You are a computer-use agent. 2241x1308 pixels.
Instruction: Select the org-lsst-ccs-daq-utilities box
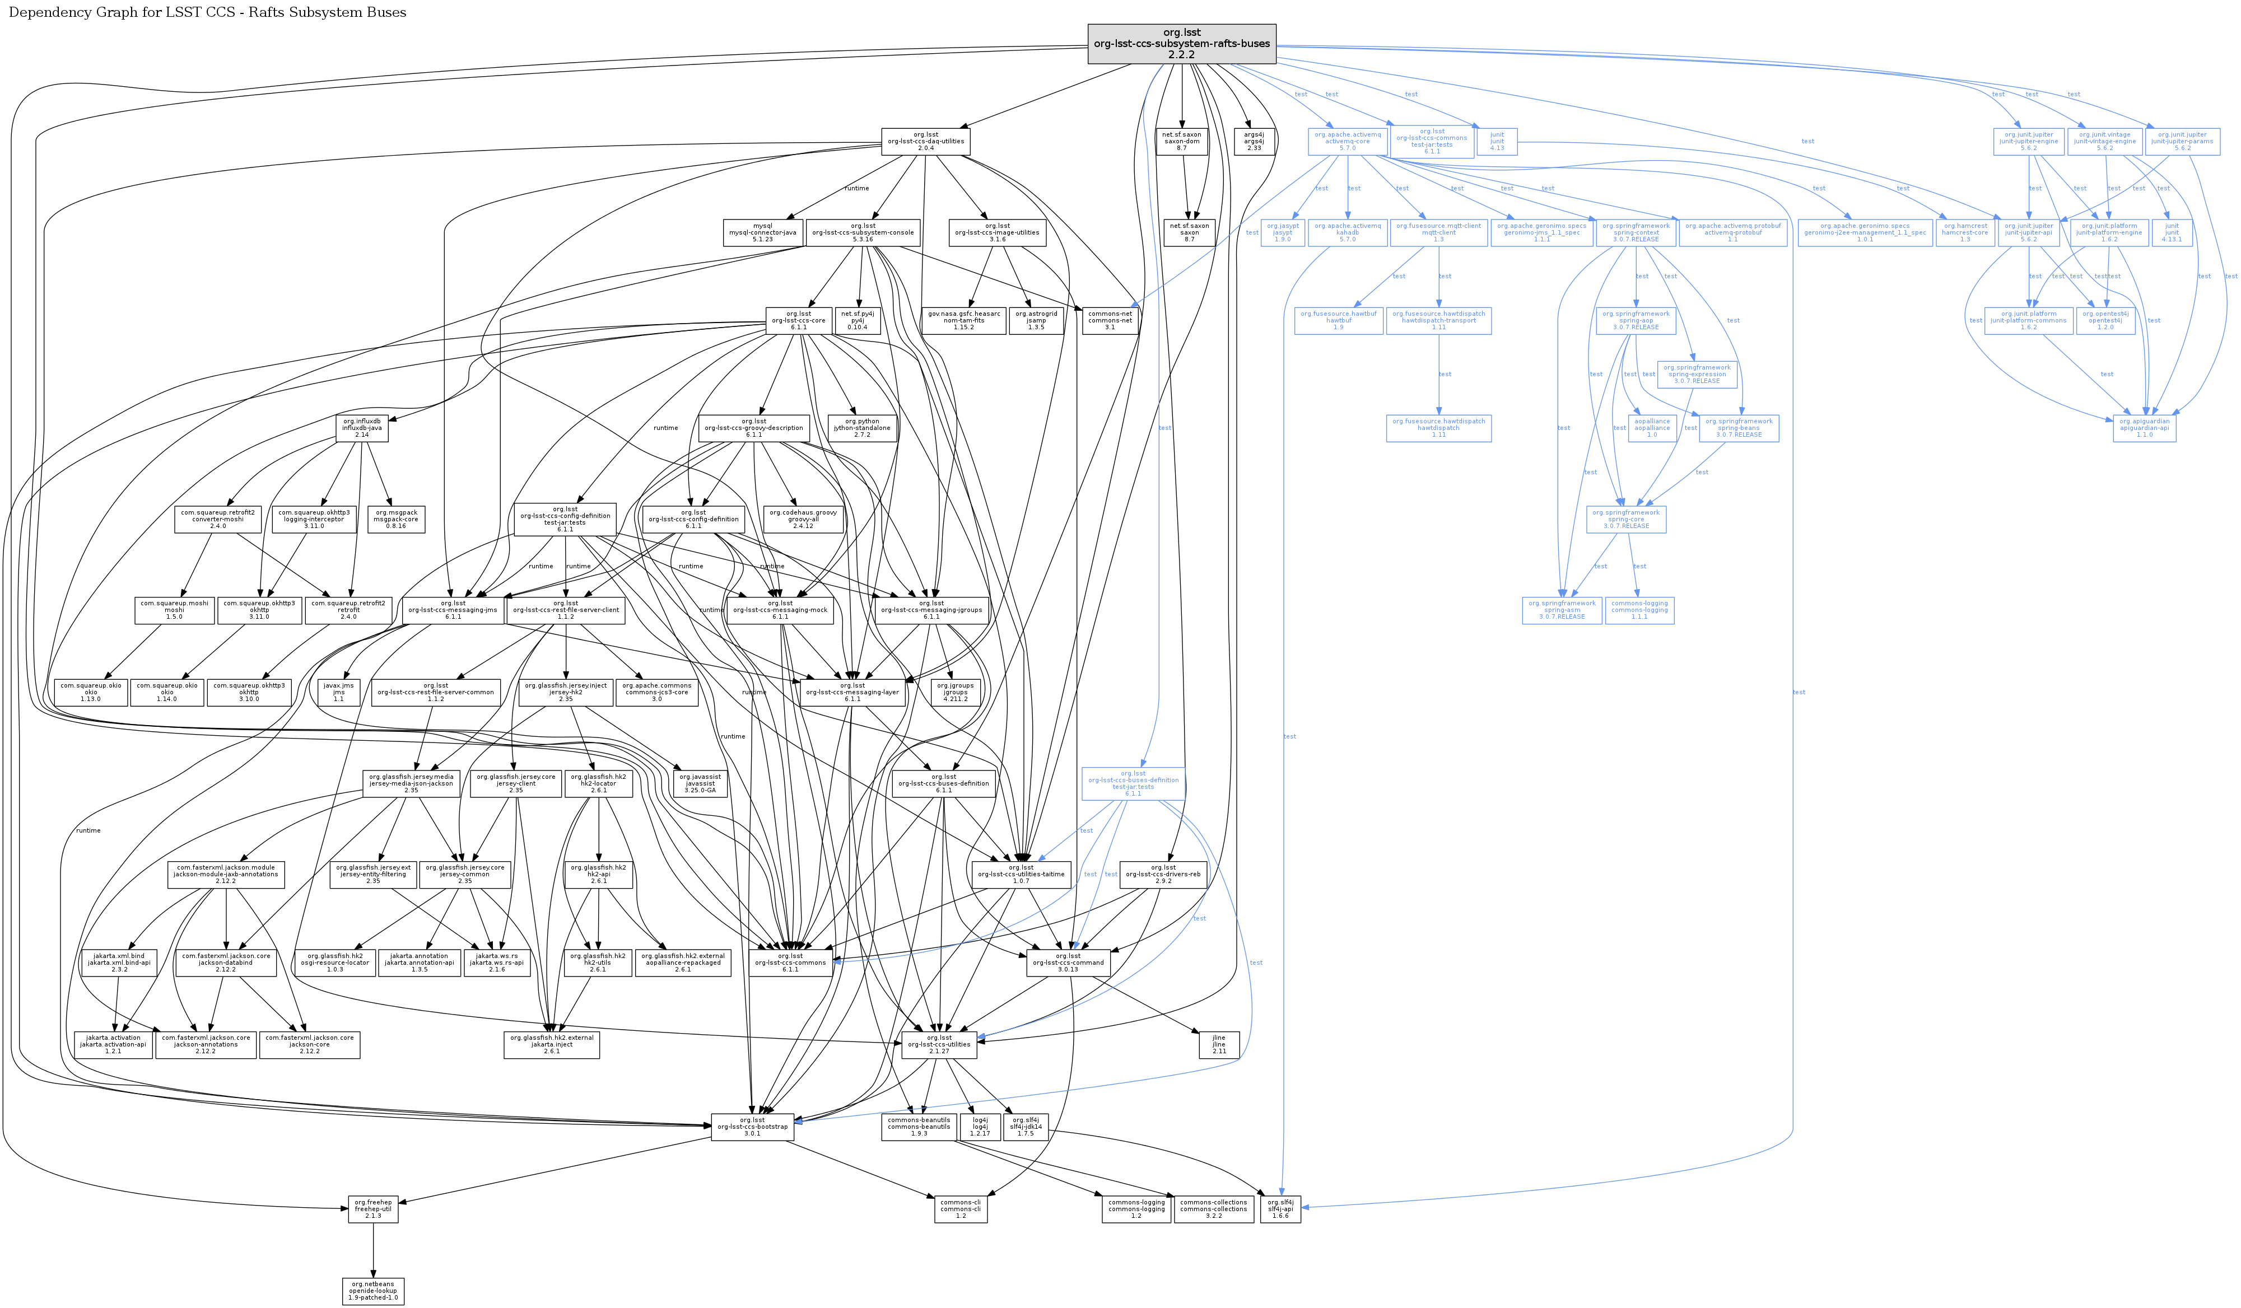tap(925, 141)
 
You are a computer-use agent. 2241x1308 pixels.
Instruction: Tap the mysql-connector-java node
tap(762, 232)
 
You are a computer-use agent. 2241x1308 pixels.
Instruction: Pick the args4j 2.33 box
tap(1253, 141)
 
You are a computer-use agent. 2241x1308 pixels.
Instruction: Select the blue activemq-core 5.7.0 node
tap(1347, 141)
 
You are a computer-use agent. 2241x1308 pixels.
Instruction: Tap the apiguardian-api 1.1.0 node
tap(2144, 428)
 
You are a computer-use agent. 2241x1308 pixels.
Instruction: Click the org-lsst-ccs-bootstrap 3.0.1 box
tap(752, 1127)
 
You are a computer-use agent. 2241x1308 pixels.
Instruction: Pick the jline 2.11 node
tap(1218, 1044)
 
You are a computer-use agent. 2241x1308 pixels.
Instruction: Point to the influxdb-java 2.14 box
tap(362, 428)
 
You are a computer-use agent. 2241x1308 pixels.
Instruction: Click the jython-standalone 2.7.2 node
tap(861, 428)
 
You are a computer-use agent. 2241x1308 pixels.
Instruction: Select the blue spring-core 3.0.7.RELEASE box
tap(1625, 519)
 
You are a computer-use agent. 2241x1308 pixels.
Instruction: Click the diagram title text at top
tap(207, 12)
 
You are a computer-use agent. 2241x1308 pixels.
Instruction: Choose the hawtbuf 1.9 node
tap(1338, 320)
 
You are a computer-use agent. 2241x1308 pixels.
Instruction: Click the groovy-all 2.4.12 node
tap(802, 519)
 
